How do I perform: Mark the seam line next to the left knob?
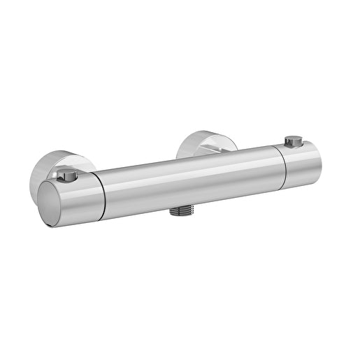click(x=101, y=192)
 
